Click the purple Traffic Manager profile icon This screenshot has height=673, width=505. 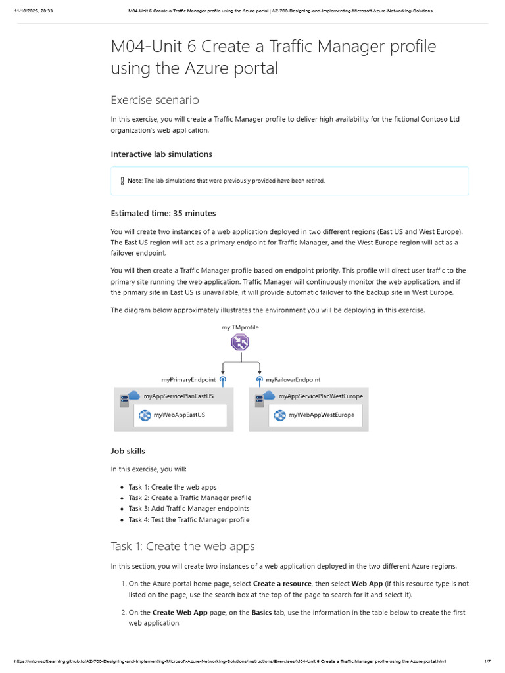click(x=240, y=342)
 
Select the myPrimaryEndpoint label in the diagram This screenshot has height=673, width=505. click(x=189, y=379)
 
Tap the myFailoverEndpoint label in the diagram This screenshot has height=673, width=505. click(x=293, y=379)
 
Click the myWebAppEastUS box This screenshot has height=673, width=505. click(x=180, y=415)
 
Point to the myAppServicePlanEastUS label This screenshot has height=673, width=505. click(x=178, y=396)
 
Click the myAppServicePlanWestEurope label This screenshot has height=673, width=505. click(x=320, y=396)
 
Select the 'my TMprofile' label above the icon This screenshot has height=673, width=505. click(x=240, y=327)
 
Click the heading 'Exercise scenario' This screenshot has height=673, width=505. click(x=155, y=100)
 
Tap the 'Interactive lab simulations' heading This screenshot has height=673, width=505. click(x=161, y=154)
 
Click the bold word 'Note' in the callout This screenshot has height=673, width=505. click(x=134, y=181)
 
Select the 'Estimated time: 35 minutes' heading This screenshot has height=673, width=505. click(x=163, y=213)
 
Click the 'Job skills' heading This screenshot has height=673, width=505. click(x=128, y=451)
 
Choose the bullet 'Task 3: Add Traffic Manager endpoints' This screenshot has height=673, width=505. click(x=189, y=509)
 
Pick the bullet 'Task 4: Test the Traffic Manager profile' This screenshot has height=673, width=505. click(x=189, y=519)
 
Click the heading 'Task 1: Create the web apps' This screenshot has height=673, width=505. click(x=183, y=546)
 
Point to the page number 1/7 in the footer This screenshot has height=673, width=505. click(x=487, y=661)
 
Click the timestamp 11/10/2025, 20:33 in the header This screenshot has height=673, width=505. click(x=34, y=11)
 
